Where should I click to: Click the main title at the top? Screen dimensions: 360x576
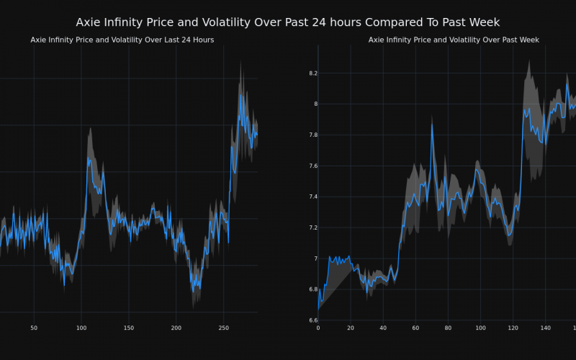pyautogui.click(x=288, y=22)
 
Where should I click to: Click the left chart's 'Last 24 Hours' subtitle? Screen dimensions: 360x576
pyautogui.click(x=122, y=40)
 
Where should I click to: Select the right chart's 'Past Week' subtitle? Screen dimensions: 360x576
pyautogui.click(x=454, y=40)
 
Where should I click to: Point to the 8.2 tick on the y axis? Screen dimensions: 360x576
pyautogui.click(x=312, y=73)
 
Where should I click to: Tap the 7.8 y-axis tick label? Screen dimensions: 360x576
pyautogui.click(x=312, y=135)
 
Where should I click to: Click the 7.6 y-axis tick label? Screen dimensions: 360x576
pyautogui.click(x=312, y=166)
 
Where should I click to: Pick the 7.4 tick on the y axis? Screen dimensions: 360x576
pyautogui.click(x=312, y=197)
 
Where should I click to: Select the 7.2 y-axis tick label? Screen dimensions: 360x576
pyautogui.click(x=312, y=228)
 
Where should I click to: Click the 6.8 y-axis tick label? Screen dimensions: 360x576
pyautogui.click(x=312, y=289)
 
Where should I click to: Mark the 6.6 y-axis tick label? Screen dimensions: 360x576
pyautogui.click(x=312, y=320)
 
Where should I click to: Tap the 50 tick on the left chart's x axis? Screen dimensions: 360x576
pyautogui.click(x=34, y=328)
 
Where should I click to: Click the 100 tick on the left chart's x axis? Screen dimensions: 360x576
pyautogui.click(x=81, y=328)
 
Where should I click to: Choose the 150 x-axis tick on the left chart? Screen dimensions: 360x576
pyautogui.click(x=128, y=328)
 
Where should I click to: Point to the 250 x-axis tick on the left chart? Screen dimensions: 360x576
pyautogui.click(x=223, y=328)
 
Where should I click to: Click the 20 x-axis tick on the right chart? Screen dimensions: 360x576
pyautogui.click(x=351, y=328)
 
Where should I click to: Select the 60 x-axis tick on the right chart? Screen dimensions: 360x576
pyautogui.click(x=415, y=328)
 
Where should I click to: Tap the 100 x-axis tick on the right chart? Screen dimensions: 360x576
pyautogui.click(x=480, y=328)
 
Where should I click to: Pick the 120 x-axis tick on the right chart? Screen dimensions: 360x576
pyautogui.click(x=513, y=328)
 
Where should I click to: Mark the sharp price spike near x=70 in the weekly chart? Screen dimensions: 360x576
pyautogui.click(x=432, y=124)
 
